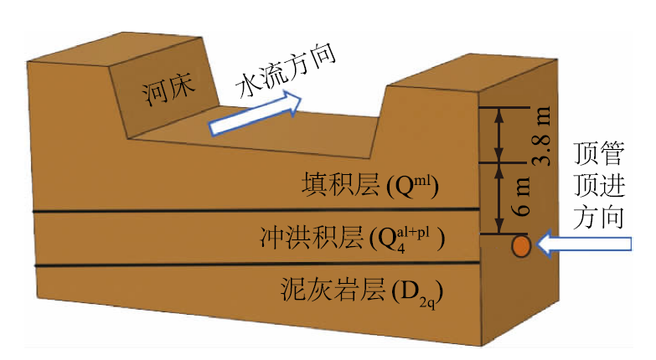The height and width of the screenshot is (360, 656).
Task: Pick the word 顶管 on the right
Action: [x=601, y=154]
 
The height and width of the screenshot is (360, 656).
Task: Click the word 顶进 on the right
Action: [x=601, y=185]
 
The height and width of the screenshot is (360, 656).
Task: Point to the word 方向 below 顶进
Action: [x=601, y=217]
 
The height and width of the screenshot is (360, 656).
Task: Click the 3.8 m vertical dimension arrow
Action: [x=500, y=135]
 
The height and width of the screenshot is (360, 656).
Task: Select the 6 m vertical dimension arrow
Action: [x=500, y=198]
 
